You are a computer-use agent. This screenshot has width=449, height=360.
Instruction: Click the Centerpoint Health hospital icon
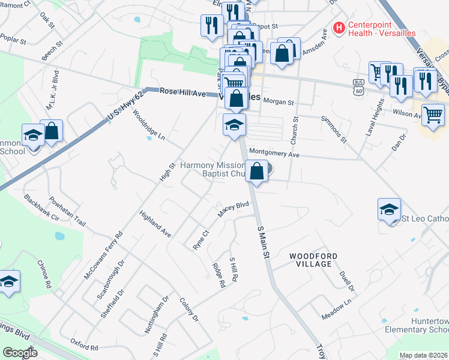click(x=339, y=28)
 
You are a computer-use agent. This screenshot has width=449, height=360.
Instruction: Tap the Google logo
click(x=20, y=352)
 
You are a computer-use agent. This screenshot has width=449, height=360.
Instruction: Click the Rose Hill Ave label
click(x=182, y=93)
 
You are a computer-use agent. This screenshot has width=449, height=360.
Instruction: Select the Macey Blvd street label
click(x=233, y=209)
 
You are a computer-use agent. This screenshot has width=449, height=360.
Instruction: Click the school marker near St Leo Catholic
click(x=389, y=210)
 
